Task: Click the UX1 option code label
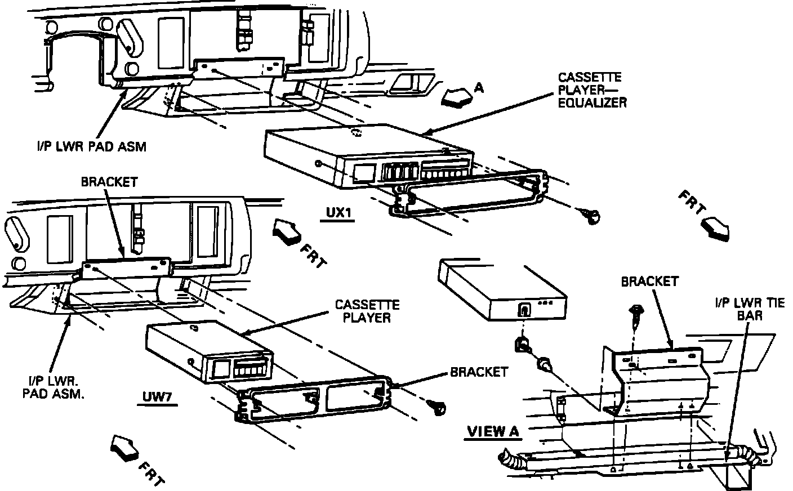click(x=337, y=213)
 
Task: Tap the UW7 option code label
click(x=157, y=398)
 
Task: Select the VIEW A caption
click(x=493, y=431)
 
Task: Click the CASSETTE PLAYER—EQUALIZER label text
click(x=591, y=90)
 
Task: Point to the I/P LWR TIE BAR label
click(x=749, y=309)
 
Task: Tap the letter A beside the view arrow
click(x=479, y=87)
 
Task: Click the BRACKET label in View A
click(x=649, y=281)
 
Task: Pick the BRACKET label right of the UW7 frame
click(x=479, y=372)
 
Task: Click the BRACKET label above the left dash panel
click(x=109, y=182)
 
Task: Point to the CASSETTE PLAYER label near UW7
click(x=367, y=311)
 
